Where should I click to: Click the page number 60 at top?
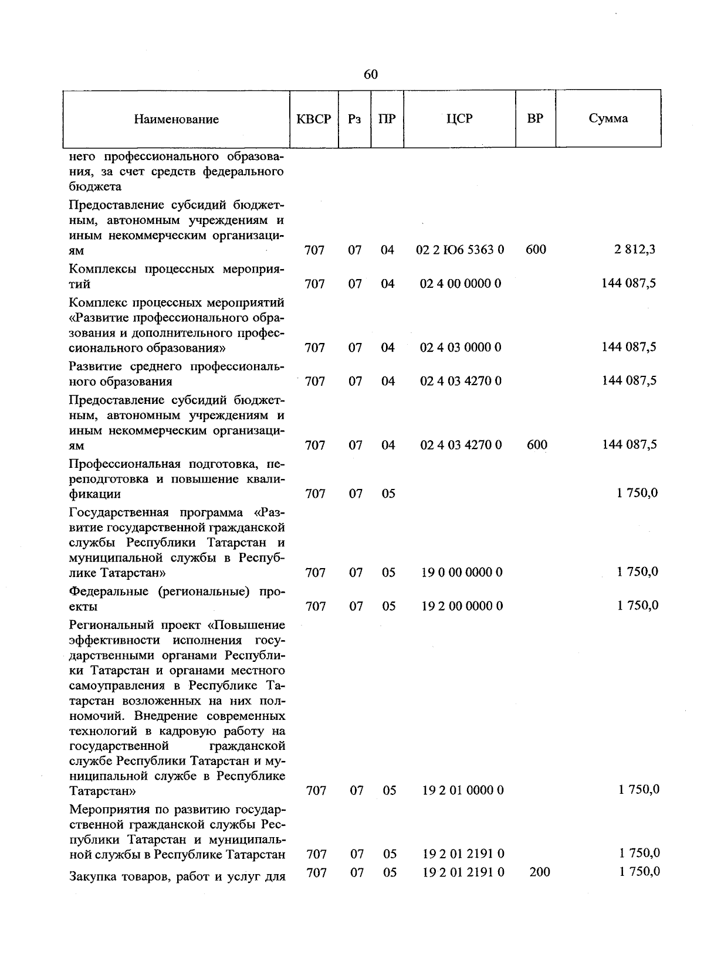tap(370, 74)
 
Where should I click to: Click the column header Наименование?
tap(176, 120)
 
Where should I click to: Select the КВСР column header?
tap(314, 119)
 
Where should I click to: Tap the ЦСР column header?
tap(459, 118)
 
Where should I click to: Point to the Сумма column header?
tap(608, 118)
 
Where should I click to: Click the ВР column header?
tap(535, 118)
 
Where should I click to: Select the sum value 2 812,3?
tap(635, 250)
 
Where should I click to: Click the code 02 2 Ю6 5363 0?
tap(460, 250)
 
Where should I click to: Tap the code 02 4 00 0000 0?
tap(461, 284)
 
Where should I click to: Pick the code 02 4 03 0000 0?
tap(461, 347)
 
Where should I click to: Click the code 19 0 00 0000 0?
tap(462, 572)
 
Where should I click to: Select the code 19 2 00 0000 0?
tap(462, 606)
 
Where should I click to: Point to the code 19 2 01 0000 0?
tap(462, 790)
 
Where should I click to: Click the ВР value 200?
tap(539, 872)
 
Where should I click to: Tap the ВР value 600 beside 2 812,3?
tap(536, 250)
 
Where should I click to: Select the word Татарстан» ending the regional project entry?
tap(103, 791)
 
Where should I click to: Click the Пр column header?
tap(387, 119)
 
